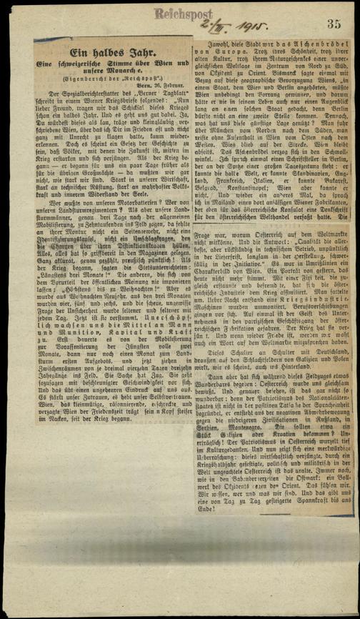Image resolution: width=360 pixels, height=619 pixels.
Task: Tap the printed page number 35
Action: click(334, 25)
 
